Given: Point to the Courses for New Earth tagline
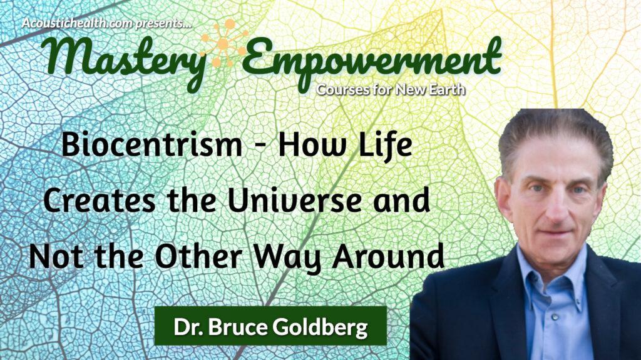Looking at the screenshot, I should (x=391, y=89).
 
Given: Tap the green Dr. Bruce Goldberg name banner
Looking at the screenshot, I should (x=270, y=326).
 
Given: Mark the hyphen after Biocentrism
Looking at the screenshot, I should (x=257, y=148).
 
